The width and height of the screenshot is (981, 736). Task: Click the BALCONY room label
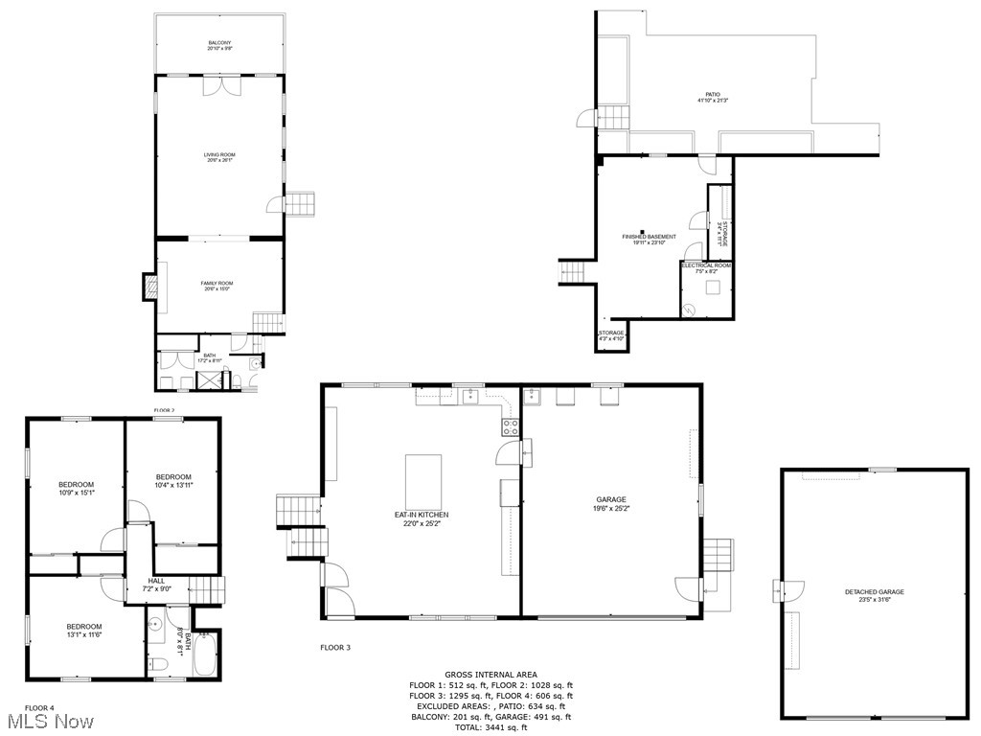click(219, 45)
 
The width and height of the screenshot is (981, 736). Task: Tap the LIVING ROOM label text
click(219, 157)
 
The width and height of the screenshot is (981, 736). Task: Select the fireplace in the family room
click(149, 286)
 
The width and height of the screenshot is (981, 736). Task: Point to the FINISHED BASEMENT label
click(649, 239)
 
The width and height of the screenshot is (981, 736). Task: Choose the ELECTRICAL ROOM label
click(706, 267)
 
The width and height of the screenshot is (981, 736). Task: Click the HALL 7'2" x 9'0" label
click(156, 585)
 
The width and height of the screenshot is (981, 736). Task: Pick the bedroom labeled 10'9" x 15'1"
click(76, 488)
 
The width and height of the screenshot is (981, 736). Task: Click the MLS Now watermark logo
click(47, 721)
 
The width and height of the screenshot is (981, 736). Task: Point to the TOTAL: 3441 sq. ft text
click(490, 727)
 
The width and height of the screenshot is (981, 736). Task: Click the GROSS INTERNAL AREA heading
click(490, 675)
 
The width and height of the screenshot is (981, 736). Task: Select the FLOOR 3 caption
click(335, 648)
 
